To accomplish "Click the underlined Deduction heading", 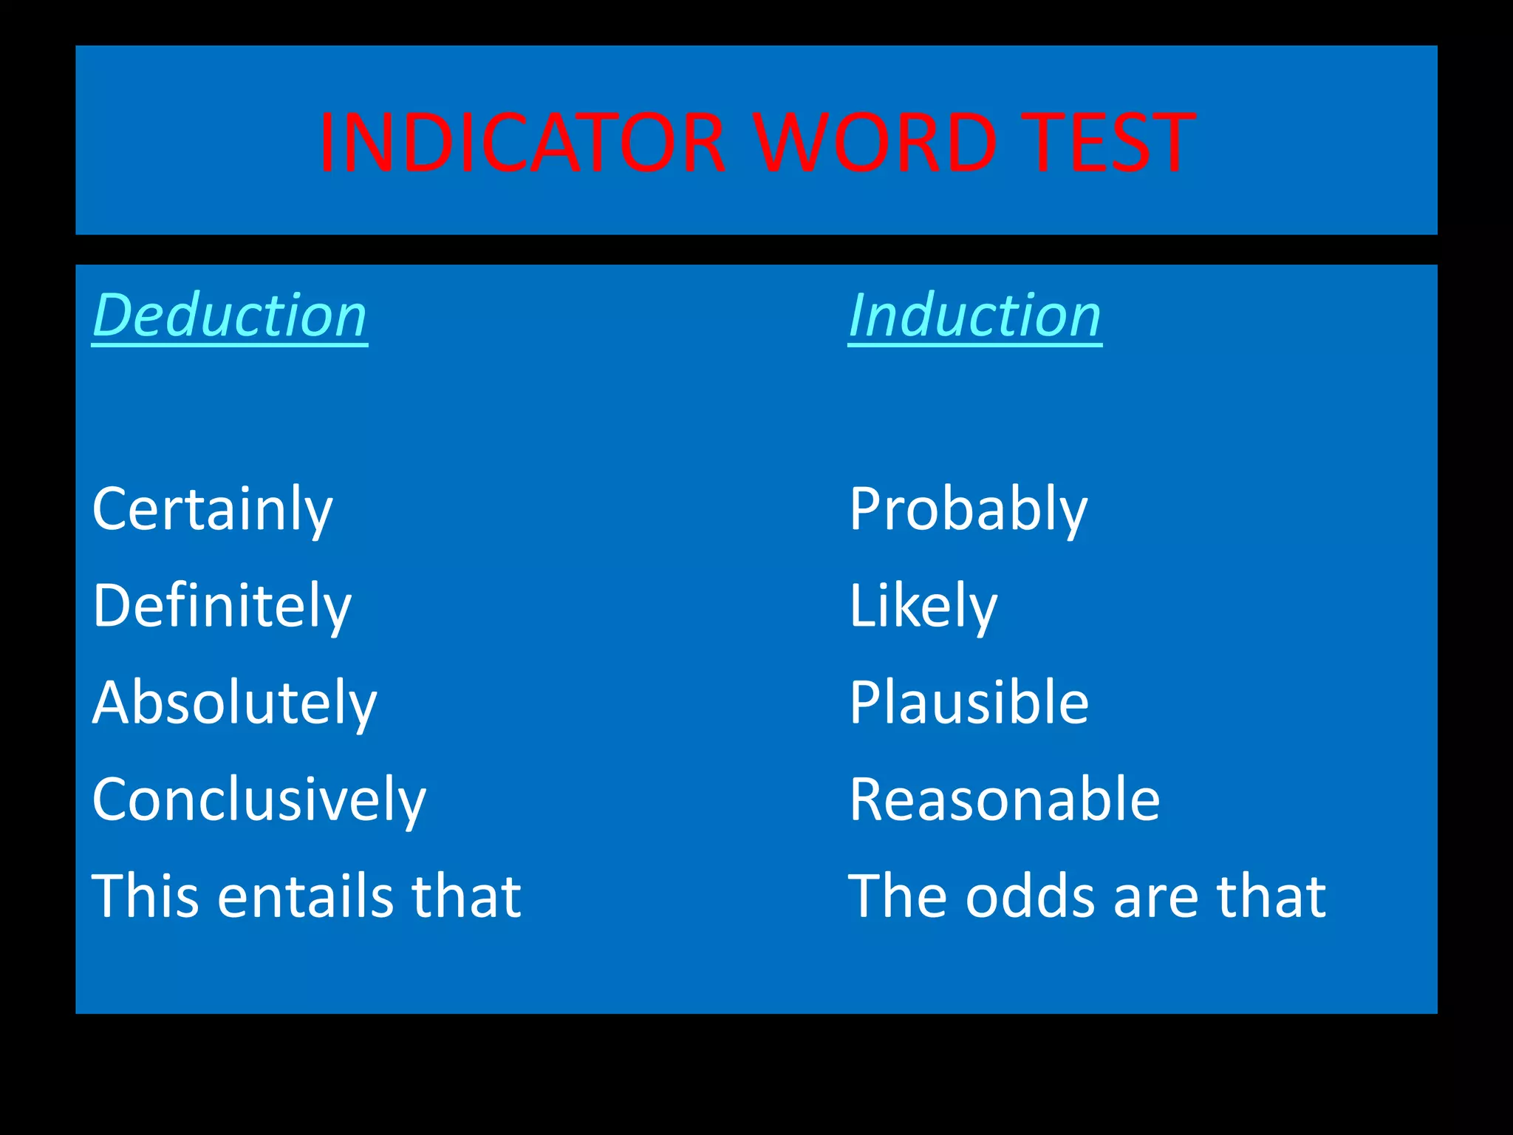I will [x=230, y=316].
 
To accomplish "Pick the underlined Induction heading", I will [x=974, y=316].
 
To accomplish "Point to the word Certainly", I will [x=213, y=509].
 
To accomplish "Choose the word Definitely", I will [x=222, y=606].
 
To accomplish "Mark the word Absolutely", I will [x=234, y=703].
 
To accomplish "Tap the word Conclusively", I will [x=259, y=800].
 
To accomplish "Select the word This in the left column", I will [x=146, y=896].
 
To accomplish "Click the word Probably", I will [x=968, y=509].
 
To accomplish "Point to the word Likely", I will [x=923, y=606].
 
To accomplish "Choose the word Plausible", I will [x=969, y=703].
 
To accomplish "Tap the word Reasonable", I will [x=1004, y=800].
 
